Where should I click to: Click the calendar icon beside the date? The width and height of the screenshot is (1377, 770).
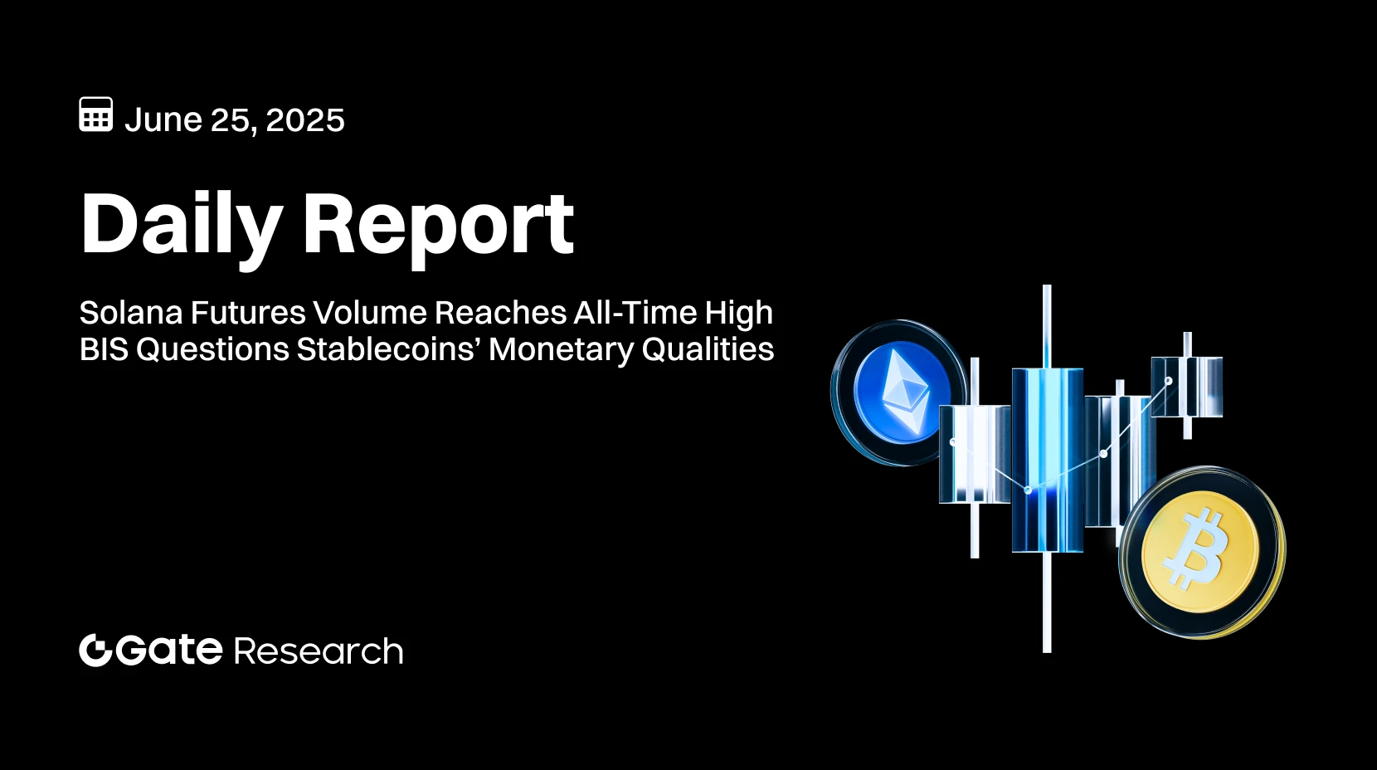tap(96, 115)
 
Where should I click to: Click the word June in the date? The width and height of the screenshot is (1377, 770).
tap(163, 120)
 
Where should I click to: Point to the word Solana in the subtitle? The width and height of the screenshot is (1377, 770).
tap(130, 314)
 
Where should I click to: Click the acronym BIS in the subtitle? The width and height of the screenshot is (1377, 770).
tap(103, 350)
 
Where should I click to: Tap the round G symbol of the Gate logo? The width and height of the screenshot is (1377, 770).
tap(95, 650)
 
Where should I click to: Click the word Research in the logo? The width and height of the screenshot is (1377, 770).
tap(319, 652)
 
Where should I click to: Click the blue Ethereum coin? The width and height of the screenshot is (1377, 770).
tap(900, 392)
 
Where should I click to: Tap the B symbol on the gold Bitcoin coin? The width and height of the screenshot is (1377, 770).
tap(1196, 549)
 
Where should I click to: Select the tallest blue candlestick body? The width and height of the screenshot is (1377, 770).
tap(1047, 459)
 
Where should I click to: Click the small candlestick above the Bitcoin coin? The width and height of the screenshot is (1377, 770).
tap(1187, 386)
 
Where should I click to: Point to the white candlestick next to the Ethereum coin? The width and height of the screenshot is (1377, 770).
tap(975, 454)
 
